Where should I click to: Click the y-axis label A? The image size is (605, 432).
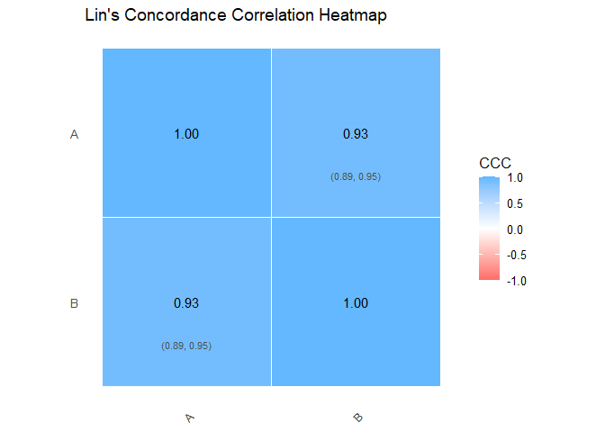point(75,134)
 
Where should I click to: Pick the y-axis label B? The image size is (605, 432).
point(75,303)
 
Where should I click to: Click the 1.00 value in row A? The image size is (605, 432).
point(186,134)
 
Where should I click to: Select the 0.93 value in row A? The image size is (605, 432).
point(356,134)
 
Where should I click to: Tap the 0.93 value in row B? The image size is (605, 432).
point(186,303)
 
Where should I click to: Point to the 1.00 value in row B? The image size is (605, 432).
point(356,303)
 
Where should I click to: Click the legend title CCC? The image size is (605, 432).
point(495,163)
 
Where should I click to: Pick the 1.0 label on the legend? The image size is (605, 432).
point(516,178)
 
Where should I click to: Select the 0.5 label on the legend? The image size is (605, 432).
point(516,203)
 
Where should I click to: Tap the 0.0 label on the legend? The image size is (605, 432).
point(516,229)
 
